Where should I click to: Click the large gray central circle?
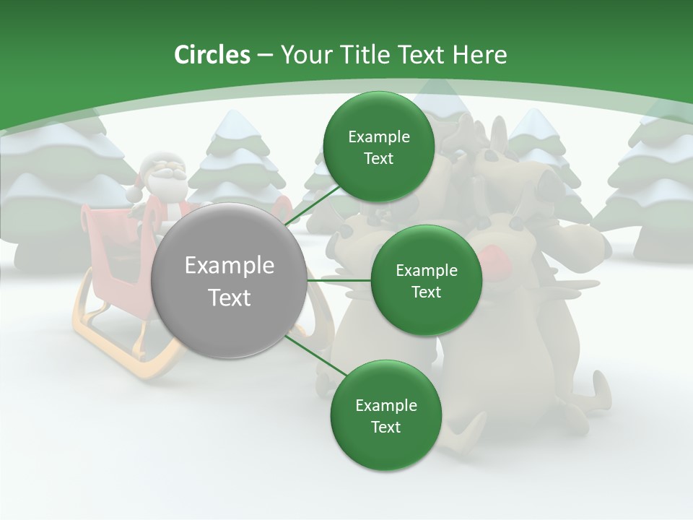pyautogui.click(x=230, y=280)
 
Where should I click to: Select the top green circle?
pyautogui.click(x=378, y=147)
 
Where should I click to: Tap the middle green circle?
pyautogui.click(x=426, y=280)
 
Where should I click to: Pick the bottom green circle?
pyautogui.click(x=385, y=415)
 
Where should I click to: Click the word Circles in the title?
pyautogui.click(x=212, y=55)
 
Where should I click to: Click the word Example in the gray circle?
pyautogui.click(x=230, y=266)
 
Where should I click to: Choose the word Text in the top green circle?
pyautogui.click(x=378, y=159)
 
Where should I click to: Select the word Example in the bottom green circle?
pyautogui.click(x=385, y=405)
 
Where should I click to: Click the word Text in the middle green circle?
pyautogui.click(x=426, y=292)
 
